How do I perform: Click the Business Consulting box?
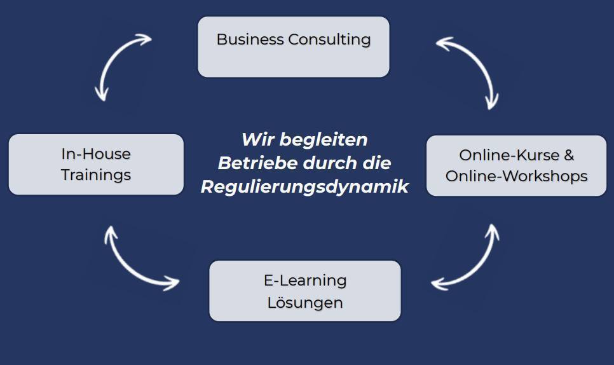click(294, 46)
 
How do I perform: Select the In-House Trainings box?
click(96, 165)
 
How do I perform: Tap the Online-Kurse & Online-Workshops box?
click(517, 166)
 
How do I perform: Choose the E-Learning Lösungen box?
click(305, 291)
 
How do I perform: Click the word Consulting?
click(329, 40)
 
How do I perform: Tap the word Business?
click(250, 39)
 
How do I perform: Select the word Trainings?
click(96, 175)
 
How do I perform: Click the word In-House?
click(96, 154)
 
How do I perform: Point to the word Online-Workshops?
click(517, 176)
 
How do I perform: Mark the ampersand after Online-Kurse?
click(569, 155)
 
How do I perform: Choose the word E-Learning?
click(305, 281)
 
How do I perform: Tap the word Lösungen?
click(305, 303)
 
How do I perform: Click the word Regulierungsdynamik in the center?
click(304, 187)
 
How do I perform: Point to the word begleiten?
click(324, 140)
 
